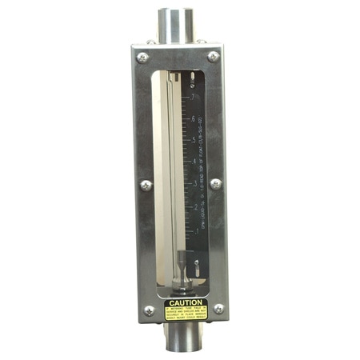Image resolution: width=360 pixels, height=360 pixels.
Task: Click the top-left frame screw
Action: (x=142, y=58)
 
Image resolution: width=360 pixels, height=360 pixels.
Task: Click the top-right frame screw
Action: (x=214, y=56)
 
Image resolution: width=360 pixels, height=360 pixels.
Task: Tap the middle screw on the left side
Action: (x=146, y=185)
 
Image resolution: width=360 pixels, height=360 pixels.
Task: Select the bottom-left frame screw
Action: (x=149, y=310)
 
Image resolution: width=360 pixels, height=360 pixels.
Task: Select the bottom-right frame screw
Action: (x=218, y=308)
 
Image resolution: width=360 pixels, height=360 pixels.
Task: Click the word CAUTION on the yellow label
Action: (x=186, y=303)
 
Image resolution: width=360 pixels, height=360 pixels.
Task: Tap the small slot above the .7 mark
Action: (x=193, y=78)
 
